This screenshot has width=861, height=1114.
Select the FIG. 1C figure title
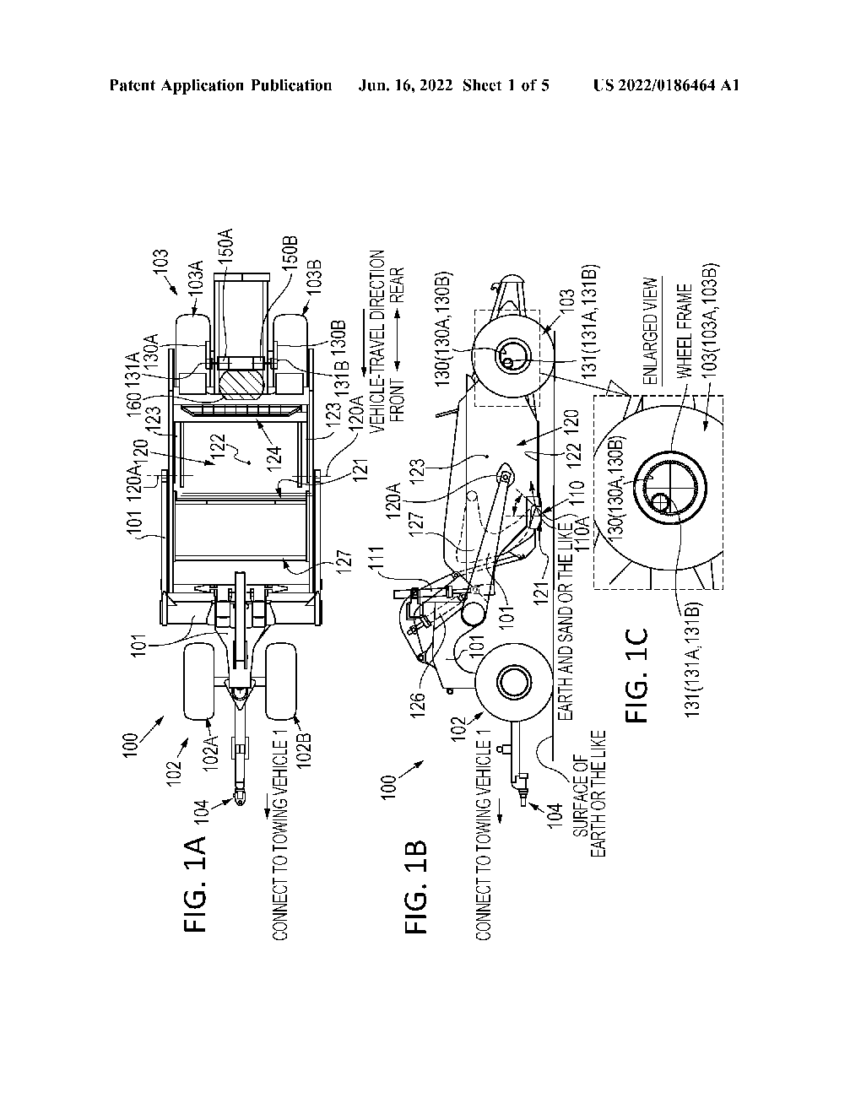[637, 675]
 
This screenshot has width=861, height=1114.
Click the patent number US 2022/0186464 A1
[666, 85]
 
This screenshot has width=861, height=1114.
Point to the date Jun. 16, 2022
[405, 85]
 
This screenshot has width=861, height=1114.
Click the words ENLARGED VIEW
[649, 332]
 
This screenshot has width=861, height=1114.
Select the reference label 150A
[226, 246]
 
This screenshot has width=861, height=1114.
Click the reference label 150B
[290, 254]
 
